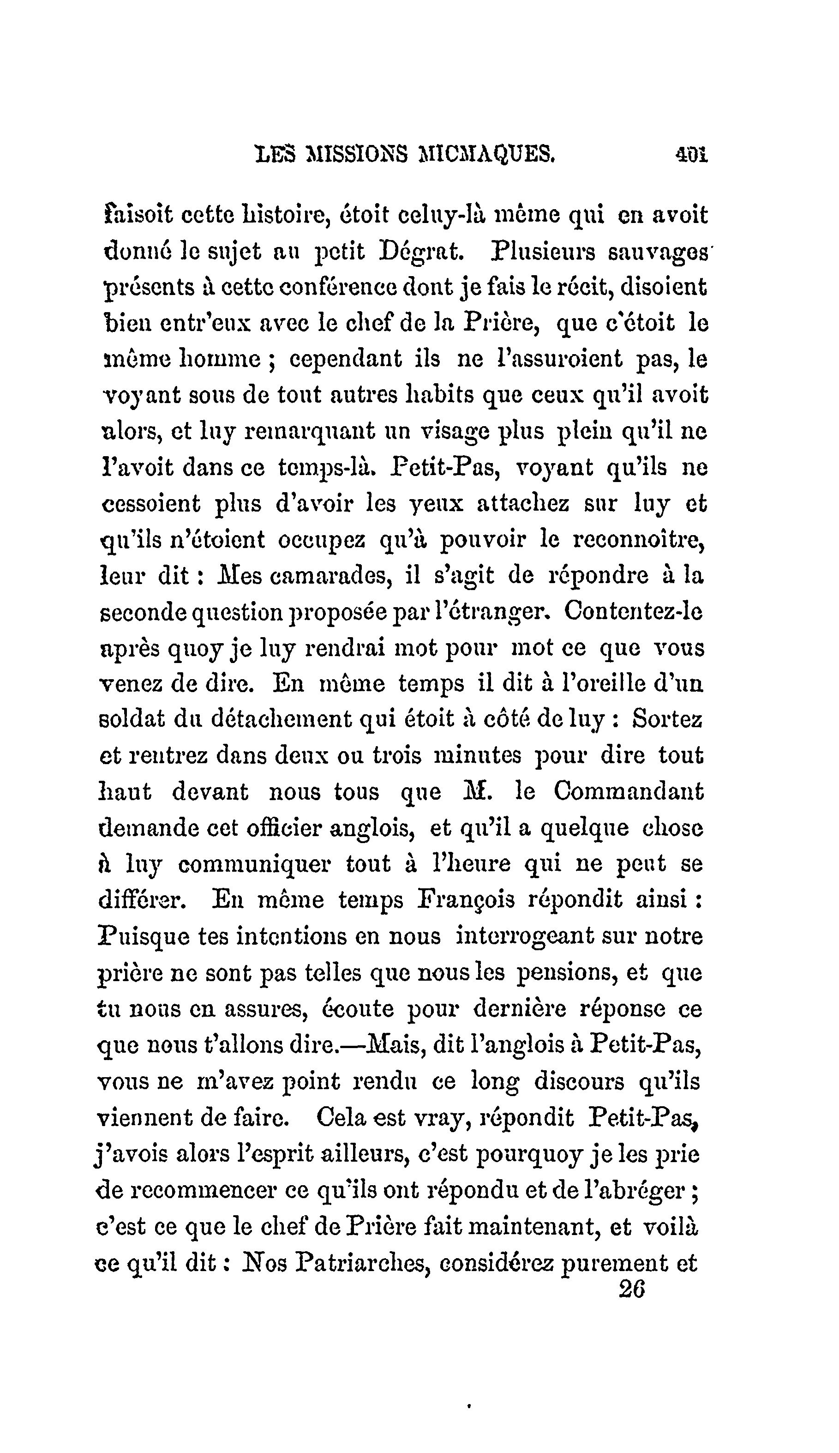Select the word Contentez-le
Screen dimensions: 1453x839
coord(633,611)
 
